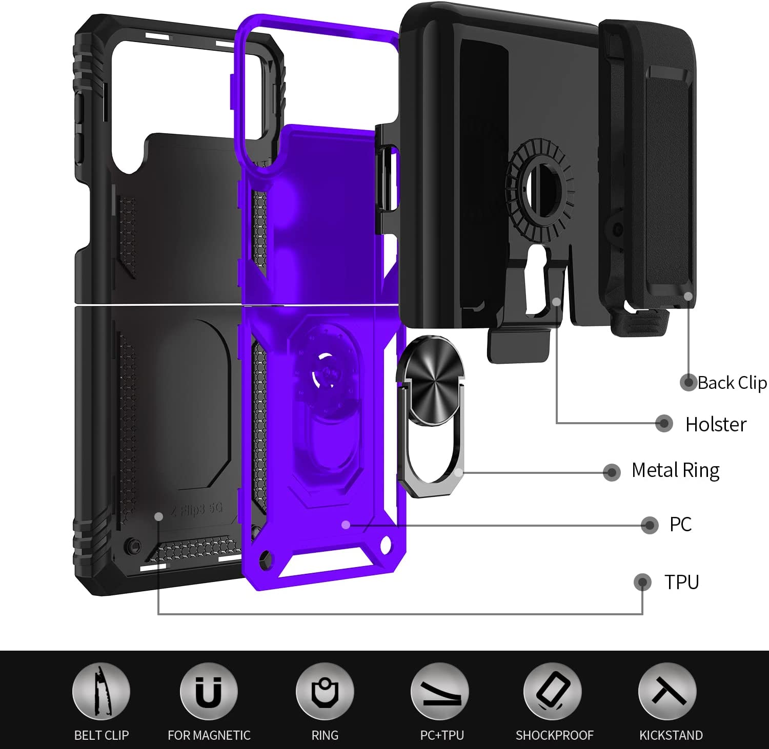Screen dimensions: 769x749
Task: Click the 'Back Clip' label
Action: click(732, 383)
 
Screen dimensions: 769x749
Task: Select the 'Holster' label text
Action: click(716, 424)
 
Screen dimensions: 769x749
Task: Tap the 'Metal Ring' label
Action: click(675, 470)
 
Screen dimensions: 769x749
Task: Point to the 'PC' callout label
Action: click(680, 524)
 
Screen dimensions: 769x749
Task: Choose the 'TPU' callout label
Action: click(681, 582)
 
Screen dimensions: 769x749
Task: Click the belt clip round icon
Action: click(101, 691)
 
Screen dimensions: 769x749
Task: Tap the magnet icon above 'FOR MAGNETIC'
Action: click(209, 691)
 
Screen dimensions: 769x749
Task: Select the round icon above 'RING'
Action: click(325, 691)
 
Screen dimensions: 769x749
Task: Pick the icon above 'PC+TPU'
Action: click(440, 691)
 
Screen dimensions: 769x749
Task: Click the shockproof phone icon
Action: click(553, 691)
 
